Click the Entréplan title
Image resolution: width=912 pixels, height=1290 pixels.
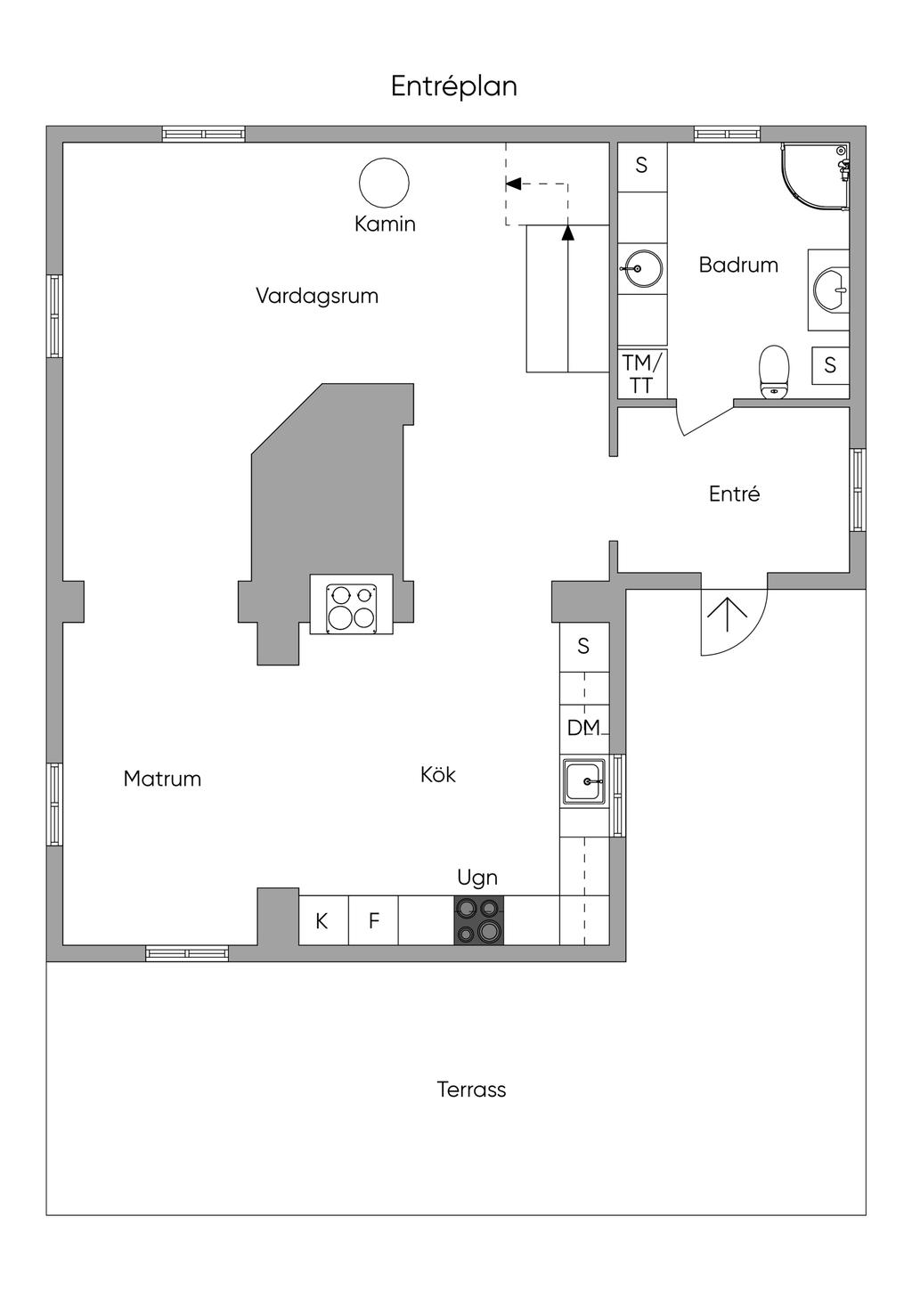click(x=453, y=87)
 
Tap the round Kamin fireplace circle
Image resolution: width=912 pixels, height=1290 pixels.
click(x=384, y=182)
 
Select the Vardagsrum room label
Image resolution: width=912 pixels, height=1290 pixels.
click(x=317, y=296)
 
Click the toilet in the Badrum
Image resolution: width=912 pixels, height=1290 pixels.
click(x=774, y=372)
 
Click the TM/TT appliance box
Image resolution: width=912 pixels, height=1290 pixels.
click(x=642, y=373)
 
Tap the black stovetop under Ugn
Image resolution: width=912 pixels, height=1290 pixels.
click(x=478, y=919)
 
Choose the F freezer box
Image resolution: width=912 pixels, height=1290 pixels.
click(x=373, y=920)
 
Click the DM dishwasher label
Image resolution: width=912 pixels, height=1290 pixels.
click(x=584, y=728)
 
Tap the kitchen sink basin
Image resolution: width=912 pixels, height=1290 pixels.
click(x=584, y=782)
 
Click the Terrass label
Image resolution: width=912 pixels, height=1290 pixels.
click(x=471, y=1090)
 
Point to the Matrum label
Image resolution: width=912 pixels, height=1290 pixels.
click(x=162, y=779)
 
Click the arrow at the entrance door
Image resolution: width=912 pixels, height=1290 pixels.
click(x=727, y=615)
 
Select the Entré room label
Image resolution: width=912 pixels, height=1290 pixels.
click(x=734, y=494)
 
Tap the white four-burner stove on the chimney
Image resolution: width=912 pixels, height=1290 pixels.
click(x=351, y=604)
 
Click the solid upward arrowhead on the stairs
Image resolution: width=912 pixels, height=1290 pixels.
click(x=567, y=233)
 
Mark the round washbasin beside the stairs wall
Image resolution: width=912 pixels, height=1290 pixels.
click(x=644, y=268)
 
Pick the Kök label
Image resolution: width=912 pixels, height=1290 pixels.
click(x=438, y=774)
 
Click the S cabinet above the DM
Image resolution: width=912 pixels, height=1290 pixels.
click(x=584, y=647)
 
